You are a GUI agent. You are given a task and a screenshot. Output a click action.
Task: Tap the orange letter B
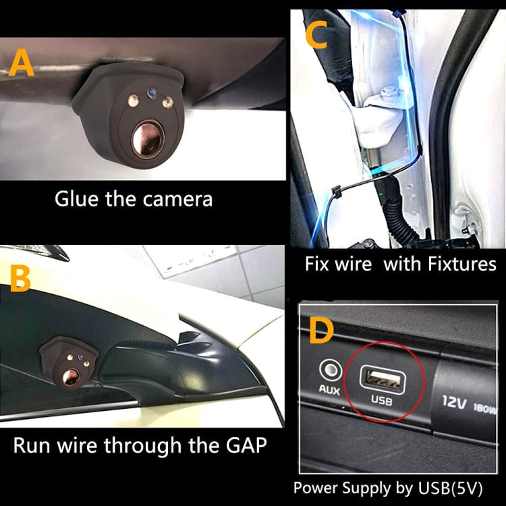[21, 279]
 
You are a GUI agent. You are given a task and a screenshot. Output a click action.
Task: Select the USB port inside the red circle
[382, 375]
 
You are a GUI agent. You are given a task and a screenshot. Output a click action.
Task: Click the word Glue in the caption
[76, 199]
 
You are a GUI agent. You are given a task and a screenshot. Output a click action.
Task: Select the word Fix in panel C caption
[316, 263]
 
